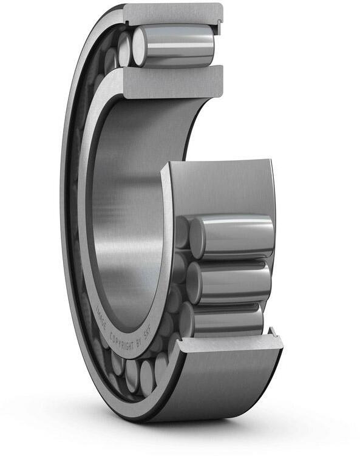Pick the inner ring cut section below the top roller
point(173,81)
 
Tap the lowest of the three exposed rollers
point(228,319)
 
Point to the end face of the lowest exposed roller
point(186,318)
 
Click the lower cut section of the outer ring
point(231,343)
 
